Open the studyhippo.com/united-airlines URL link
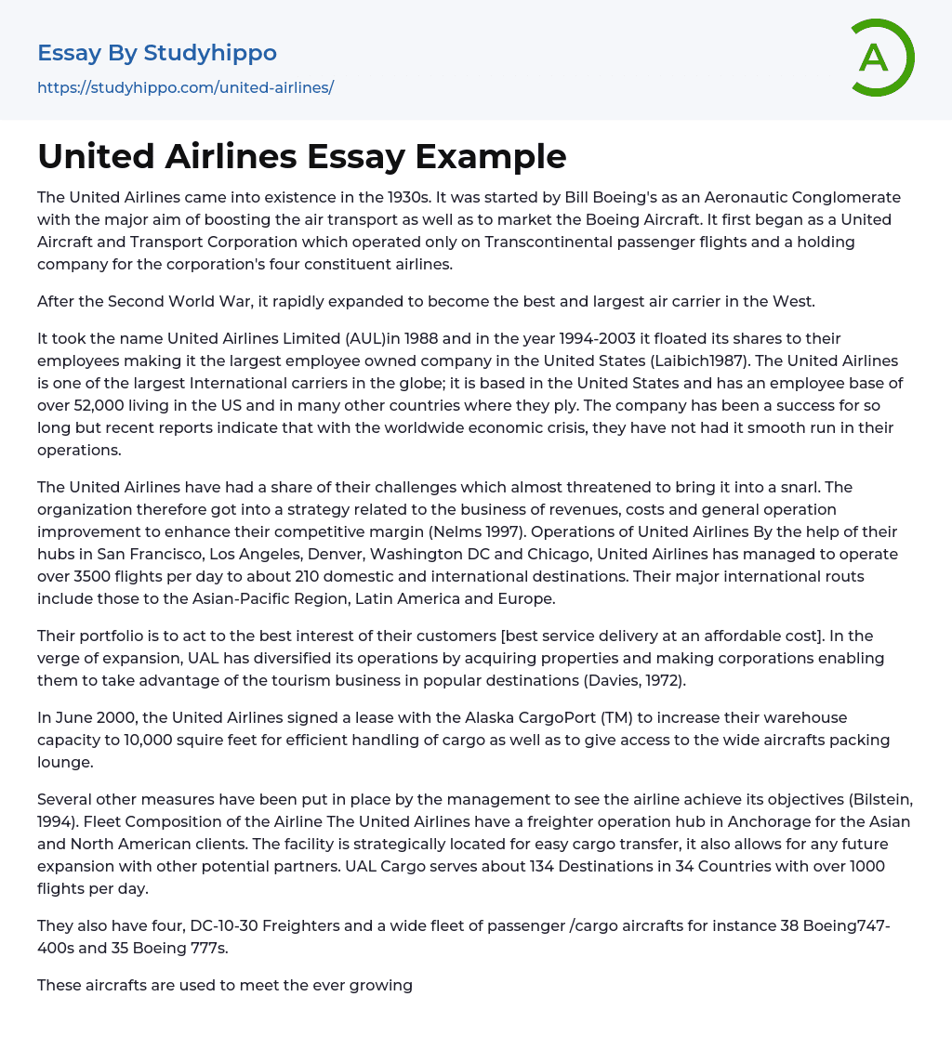pos(185,87)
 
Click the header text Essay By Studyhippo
pos(157,53)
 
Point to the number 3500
pos(96,576)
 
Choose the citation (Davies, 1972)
pos(646,680)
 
